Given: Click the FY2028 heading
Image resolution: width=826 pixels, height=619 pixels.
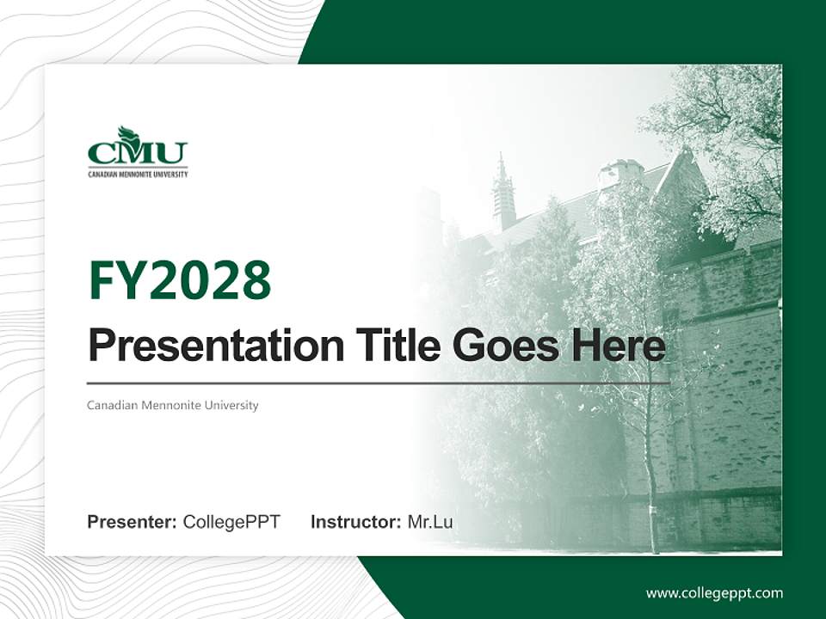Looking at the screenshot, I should click(180, 281).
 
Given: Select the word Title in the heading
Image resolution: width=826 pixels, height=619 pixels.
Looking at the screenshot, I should click(392, 346).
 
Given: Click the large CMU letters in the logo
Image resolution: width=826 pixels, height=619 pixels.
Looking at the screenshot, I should click(138, 154).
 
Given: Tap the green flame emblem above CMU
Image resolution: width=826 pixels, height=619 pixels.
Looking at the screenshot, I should click(128, 134).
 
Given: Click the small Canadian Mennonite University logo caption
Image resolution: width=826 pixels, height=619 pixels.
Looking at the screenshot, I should click(138, 174).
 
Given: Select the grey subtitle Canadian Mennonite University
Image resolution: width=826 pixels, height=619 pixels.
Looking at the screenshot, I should click(172, 405).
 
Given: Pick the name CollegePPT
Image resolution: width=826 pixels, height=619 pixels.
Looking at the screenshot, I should click(231, 522).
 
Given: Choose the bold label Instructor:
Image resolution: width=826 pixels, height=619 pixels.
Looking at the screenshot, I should click(355, 522).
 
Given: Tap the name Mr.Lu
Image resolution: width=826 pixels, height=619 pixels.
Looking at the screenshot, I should click(430, 522).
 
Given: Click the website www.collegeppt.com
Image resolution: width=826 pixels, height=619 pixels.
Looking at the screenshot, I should click(714, 593).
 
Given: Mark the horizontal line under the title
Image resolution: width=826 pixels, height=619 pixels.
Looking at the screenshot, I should click(379, 383).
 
